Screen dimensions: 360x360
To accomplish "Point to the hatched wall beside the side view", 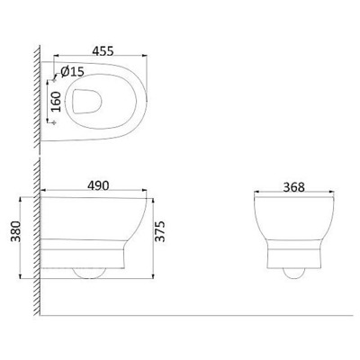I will [x=36, y=243].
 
